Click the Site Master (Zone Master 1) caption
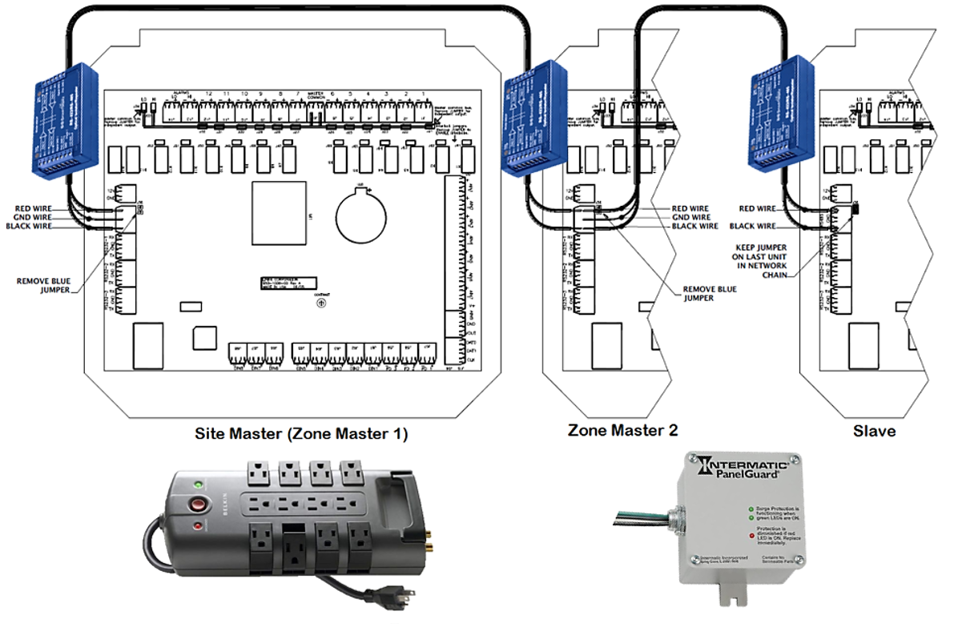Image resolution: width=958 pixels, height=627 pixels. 302,435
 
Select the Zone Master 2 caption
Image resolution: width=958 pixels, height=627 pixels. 622,430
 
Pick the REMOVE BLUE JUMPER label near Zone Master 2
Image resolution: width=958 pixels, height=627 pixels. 709,293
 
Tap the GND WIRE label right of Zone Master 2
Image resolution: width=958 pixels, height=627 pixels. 690,217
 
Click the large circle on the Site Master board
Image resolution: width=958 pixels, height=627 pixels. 361,214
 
